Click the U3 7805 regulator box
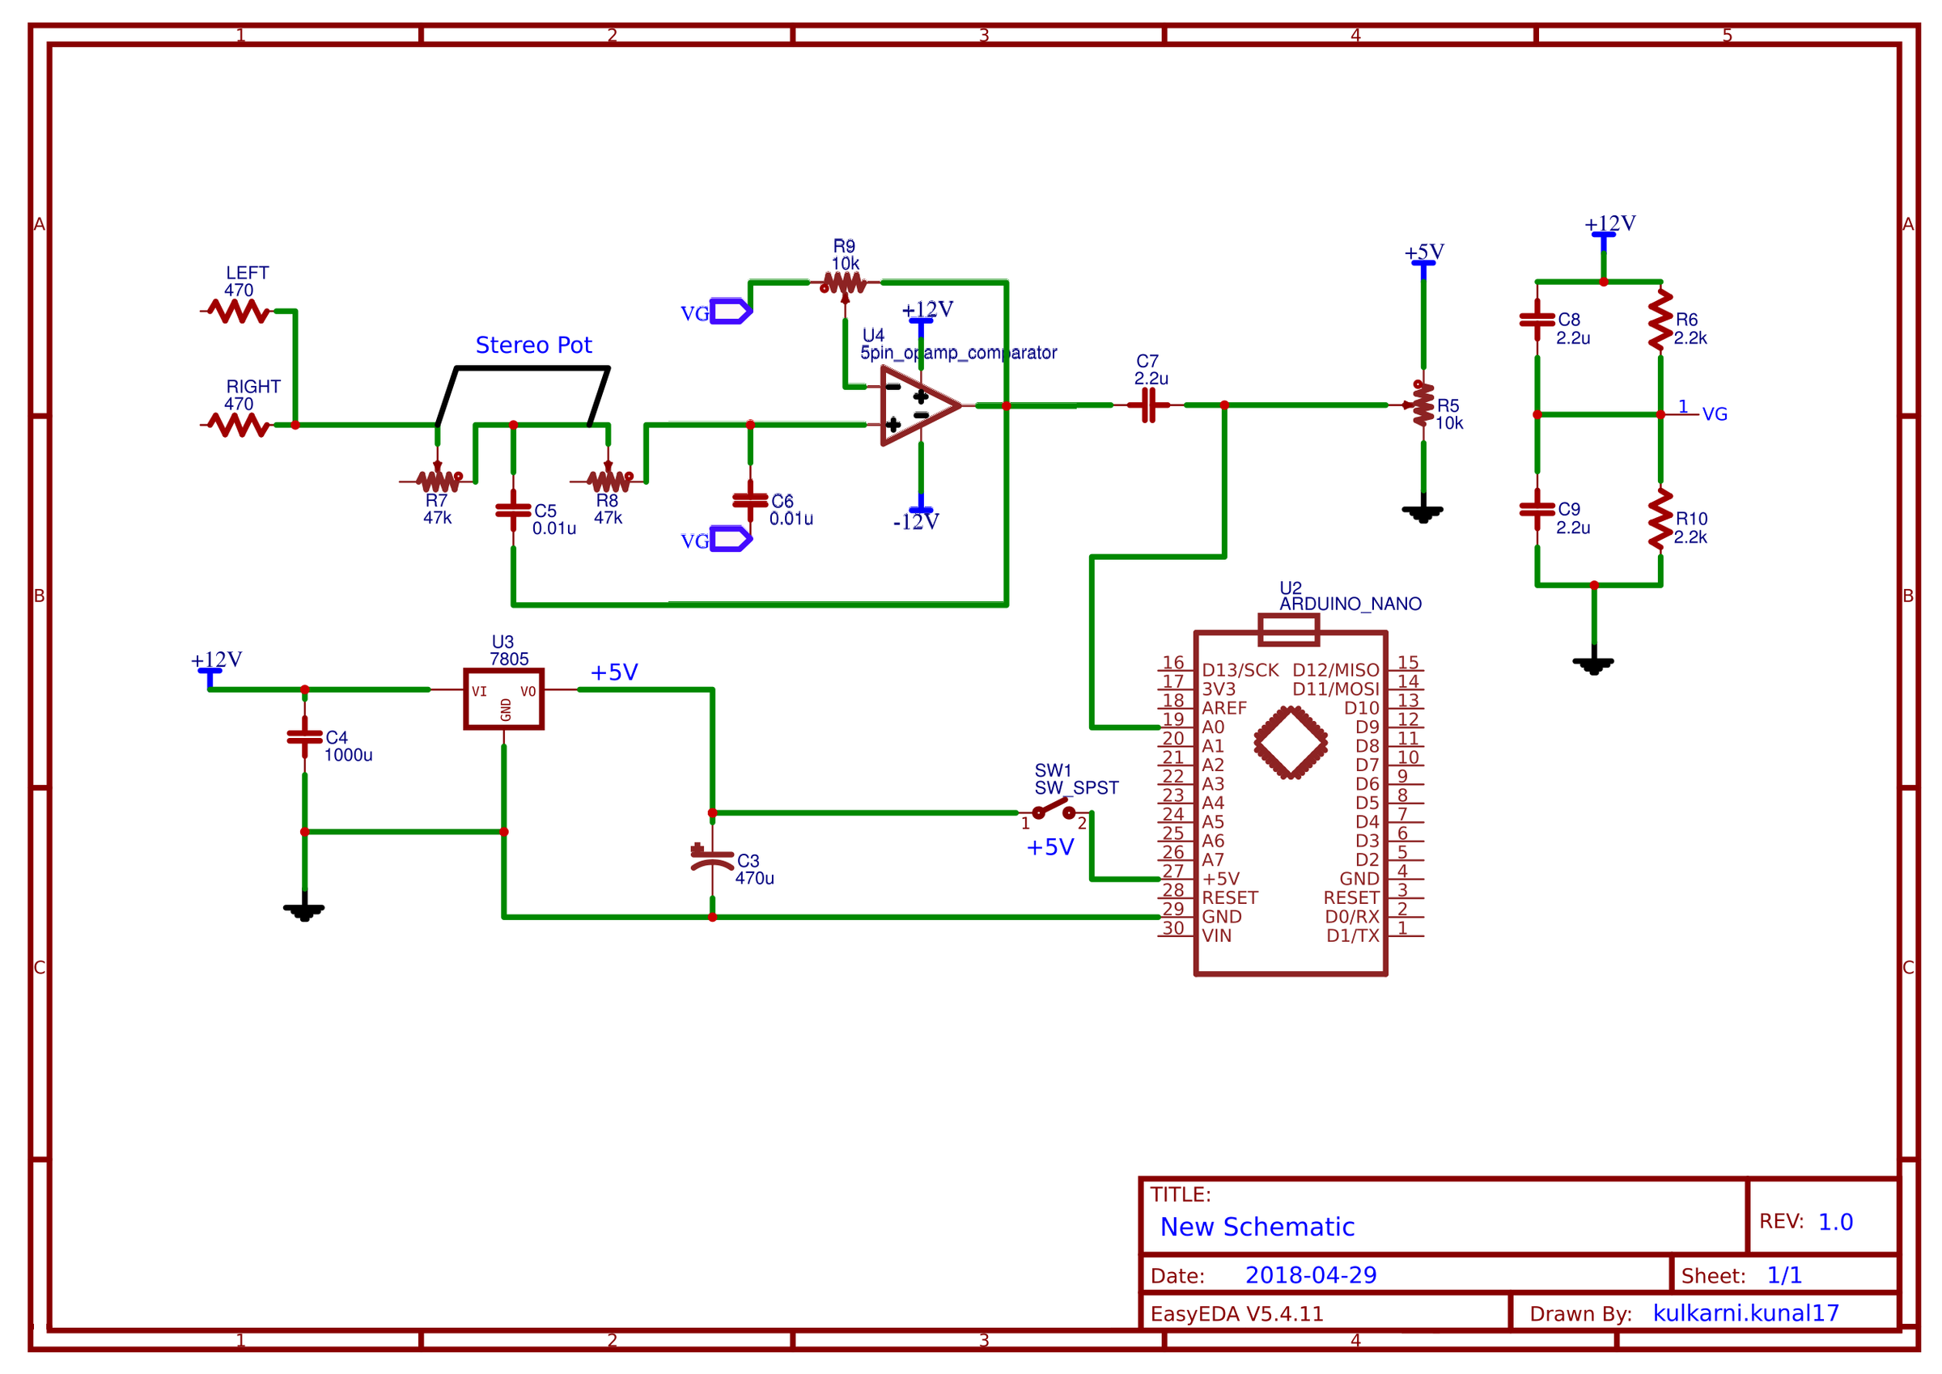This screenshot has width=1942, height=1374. click(503, 698)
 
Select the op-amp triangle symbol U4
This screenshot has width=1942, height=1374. click(918, 405)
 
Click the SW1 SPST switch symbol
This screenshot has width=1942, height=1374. click(1053, 810)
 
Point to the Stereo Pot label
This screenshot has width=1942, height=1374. click(533, 346)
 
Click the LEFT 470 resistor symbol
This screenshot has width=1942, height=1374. click(240, 312)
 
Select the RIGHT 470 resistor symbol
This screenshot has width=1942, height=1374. click(240, 425)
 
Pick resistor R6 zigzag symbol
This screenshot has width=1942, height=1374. click(1660, 320)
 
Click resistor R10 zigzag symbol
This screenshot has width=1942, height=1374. click(1660, 518)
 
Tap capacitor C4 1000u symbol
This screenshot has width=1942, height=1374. click(304, 737)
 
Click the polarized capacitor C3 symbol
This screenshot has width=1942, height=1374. click(712, 859)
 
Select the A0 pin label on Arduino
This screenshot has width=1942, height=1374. click(1213, 727)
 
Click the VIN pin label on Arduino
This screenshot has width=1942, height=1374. click(1216, 935)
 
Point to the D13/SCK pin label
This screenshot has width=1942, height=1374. click(1239, 670)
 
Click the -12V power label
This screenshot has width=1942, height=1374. click(915, 522)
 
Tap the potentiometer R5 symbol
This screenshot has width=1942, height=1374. click(1423, 405)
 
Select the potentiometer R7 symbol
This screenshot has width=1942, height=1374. click(438, 481)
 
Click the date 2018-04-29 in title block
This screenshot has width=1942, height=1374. click(1310, 1275)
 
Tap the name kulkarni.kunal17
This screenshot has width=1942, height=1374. click(1745, 1313)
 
